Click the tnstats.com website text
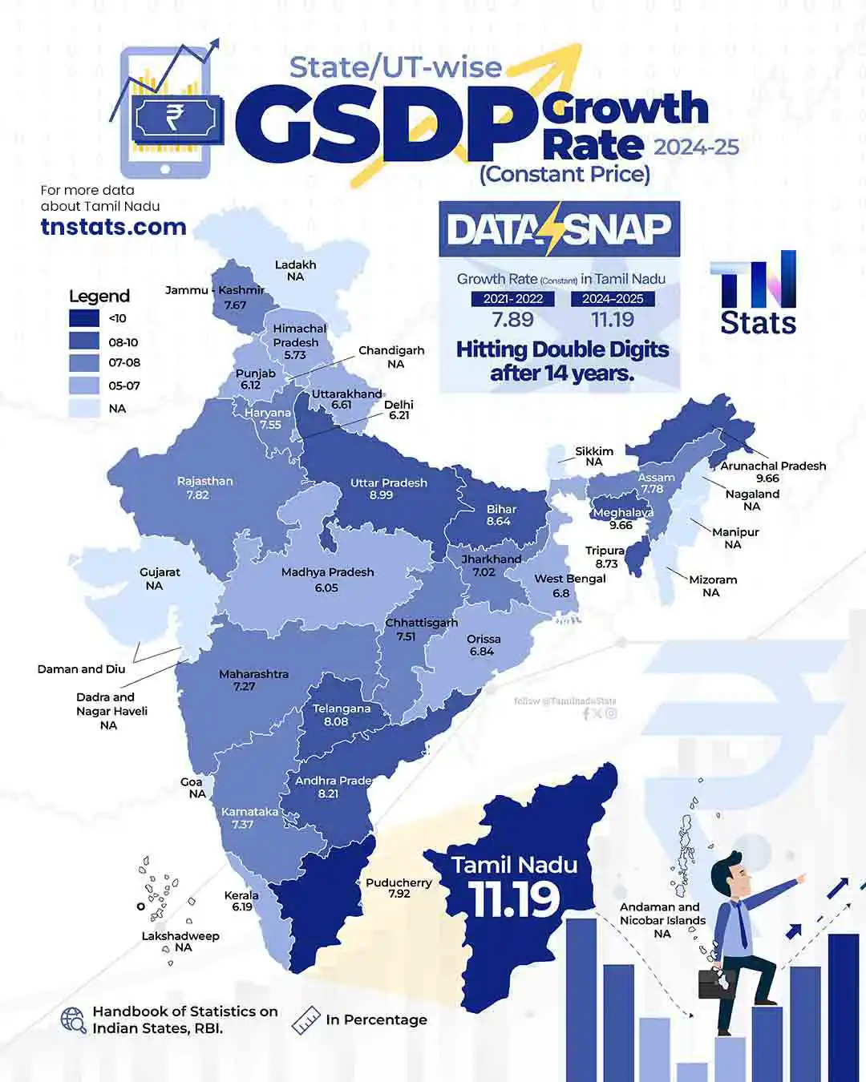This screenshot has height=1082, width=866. click(113, 227)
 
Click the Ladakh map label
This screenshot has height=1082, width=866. click(295, 264)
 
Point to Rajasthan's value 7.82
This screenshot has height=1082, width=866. click(197, 495)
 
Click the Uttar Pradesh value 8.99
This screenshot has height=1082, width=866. click(381, 495)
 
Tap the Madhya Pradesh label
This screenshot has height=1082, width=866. click(327, 572)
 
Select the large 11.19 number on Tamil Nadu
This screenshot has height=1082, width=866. click(514, 899)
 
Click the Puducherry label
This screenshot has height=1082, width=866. click(399, 882)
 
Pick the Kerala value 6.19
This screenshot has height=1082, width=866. click(242, 907)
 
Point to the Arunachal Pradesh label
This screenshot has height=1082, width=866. click(773, 466)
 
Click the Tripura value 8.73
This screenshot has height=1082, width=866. click(607, 563)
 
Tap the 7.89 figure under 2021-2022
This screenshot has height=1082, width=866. click(512, 320)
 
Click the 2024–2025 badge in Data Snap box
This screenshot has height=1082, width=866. click(613, 299)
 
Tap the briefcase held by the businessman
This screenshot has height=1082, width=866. click(716, 983)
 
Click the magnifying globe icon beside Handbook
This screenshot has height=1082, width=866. click(74, 1019)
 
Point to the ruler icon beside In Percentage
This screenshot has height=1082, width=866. click(306, 1020)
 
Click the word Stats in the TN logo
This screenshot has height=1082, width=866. click(758, 323)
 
